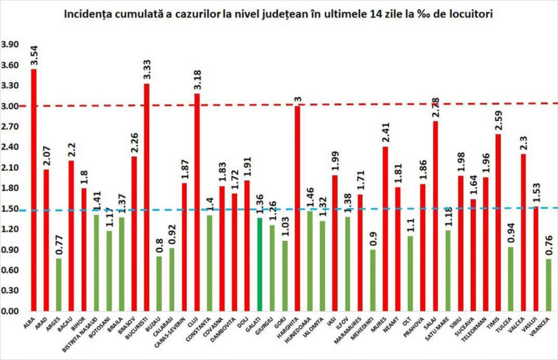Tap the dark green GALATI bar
pyautogui.click(x=260, y=265)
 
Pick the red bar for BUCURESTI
pyautogui.click(x=146, y=197)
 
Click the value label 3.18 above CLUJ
pyautogui.click(x=196, y=78)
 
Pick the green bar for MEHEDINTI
pyautogui.click(x=373, y=280)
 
